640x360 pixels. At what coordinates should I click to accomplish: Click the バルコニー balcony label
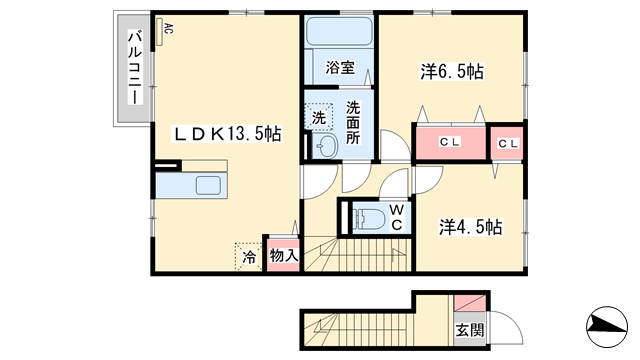click(x=133, y=70)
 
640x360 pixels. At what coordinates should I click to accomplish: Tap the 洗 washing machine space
click(x=318, y=117)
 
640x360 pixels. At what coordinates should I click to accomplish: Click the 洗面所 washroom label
click(x=353, y=123)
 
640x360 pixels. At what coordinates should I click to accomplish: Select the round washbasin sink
click(x=326, y=147)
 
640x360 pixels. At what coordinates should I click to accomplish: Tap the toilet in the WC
click(x=366, y=218)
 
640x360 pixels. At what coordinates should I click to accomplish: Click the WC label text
click(x=397, y=217)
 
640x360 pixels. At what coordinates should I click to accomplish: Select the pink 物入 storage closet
click(x=282, y=255)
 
